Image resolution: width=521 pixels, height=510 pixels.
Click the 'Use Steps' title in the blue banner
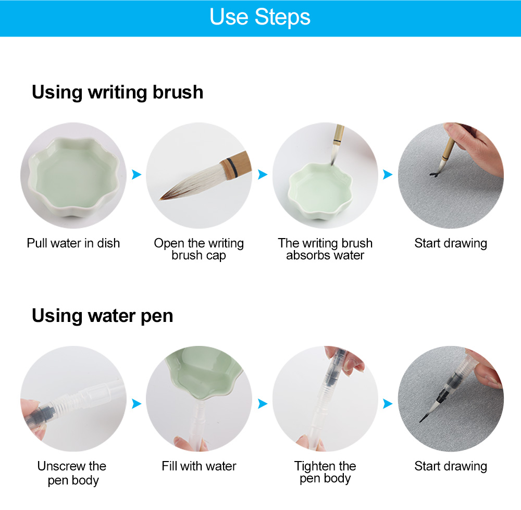(x=260, y=17)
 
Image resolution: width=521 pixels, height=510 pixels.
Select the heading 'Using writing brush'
(x=117, y=92)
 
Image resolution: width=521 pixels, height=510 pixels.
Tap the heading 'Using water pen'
(x=102, y=316)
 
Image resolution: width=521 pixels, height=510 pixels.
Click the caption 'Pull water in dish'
(x=73, y=243)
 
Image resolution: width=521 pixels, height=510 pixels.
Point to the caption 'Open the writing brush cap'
(x=199, y=250)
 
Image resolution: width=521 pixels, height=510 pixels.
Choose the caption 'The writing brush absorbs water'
(x=325, y=250)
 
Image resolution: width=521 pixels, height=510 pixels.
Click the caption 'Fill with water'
(x=199, y=466)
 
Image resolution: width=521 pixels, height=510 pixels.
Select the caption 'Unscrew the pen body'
(x=72, y=473)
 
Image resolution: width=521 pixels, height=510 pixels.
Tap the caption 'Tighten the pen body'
(x=325, y=472)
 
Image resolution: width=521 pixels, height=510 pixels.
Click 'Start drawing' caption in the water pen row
(x=451, y=466)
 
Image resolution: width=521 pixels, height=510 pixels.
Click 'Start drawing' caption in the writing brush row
(x=451, y=243)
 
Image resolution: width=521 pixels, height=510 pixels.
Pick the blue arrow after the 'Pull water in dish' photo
(x=137, y=175)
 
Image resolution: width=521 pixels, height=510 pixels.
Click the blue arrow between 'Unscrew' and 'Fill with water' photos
(x=137, y=404)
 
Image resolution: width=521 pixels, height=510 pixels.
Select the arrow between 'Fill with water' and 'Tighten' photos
(x=263, y=404)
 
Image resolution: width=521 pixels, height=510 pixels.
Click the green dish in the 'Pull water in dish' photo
(x=73, y=177)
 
